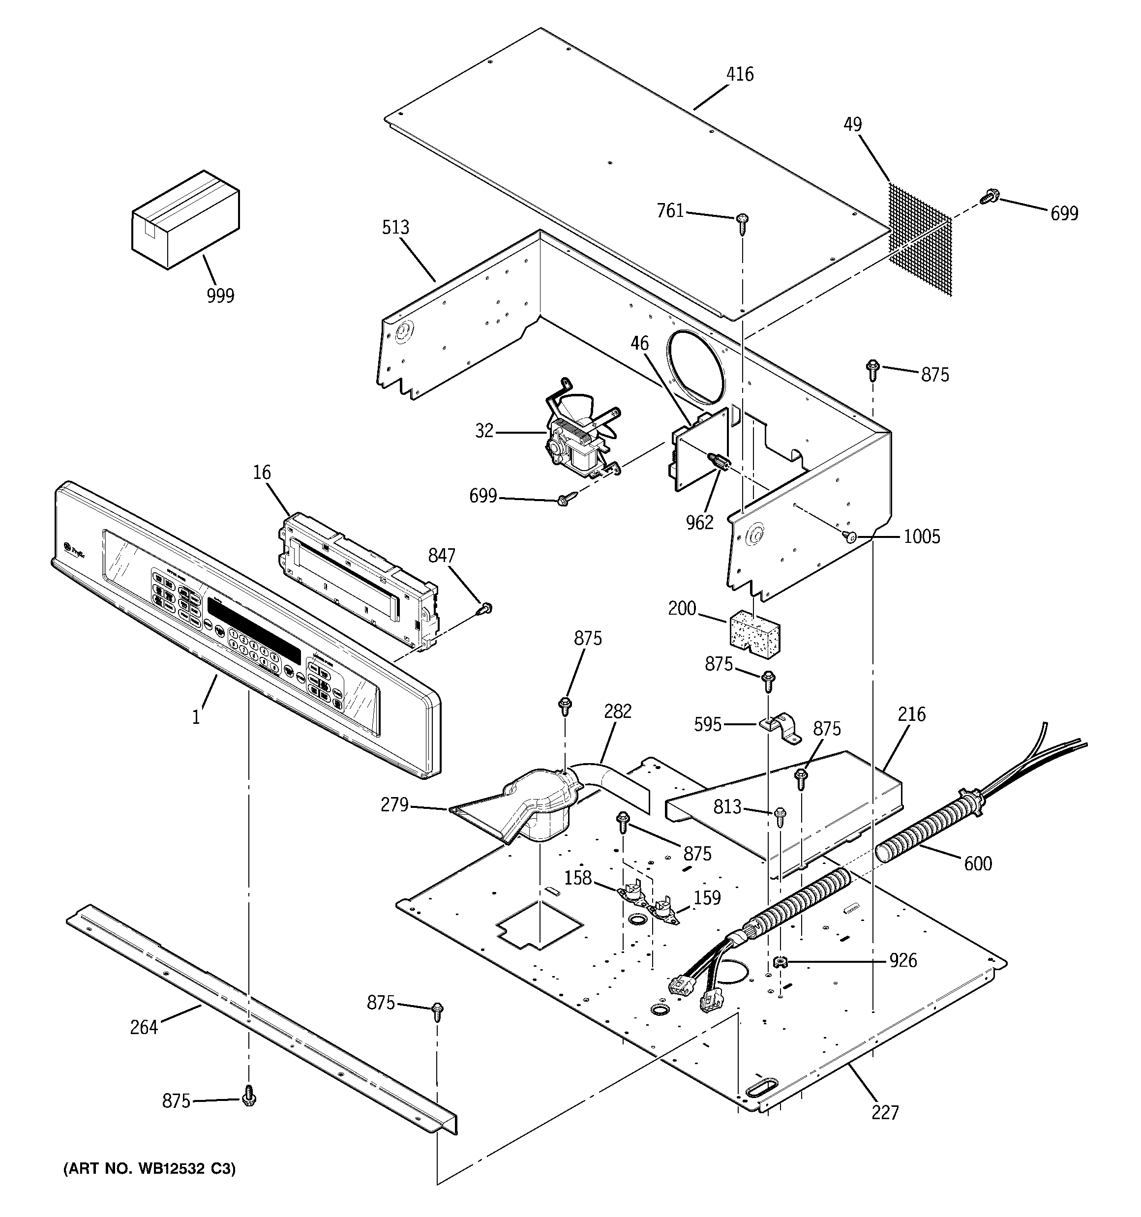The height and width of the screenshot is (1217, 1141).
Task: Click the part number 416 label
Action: tap(739, 74)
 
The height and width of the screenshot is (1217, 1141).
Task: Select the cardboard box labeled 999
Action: tap(185, 219)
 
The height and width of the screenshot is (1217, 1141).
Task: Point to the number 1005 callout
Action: tap(922, 537)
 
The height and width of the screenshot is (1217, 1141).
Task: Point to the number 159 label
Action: tap(707, 898)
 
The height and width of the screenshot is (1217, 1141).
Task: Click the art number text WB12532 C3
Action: tap(149, 1169)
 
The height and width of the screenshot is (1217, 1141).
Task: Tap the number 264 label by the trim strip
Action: tap(144, 1027)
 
